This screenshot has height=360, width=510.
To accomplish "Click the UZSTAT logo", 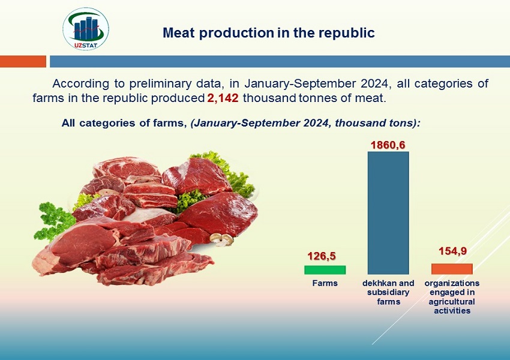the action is [x=86, y=29].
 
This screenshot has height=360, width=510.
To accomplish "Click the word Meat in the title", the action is [x=179, y=33].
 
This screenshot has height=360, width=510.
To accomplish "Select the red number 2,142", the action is [x=223, y=98].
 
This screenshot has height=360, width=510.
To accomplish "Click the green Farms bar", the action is [x=325, y=270].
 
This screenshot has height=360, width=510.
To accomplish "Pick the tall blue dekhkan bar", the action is [x=388, y=213].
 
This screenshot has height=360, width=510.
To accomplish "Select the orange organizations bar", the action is [x=452, y=269].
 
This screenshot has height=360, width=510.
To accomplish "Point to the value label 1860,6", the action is [x=388, y=145].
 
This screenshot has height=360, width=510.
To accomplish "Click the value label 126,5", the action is [x=322, y=256].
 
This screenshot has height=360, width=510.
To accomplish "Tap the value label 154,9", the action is [x=452, y=251].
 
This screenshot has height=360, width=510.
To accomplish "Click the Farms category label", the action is [x=325, y=283].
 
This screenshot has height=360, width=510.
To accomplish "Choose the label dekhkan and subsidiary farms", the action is [x=388, y=292].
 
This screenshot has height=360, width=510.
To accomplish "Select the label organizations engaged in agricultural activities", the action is [x=452, y=297].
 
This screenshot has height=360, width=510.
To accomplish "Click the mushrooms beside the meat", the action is [x=221, y=239].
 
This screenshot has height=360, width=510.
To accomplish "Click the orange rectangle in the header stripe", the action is [x=23, y=61].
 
